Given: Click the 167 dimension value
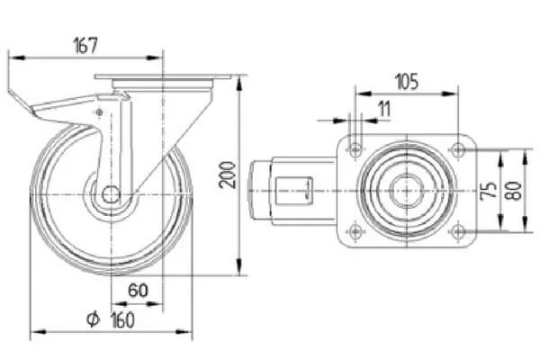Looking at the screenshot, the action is click(85, 45).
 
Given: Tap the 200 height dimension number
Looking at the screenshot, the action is click(228, 175).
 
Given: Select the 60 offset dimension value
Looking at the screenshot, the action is click(138, 290).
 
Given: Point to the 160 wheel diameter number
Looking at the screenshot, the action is click(122, 320).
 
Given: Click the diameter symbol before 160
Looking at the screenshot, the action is click(93, 319).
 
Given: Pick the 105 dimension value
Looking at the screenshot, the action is click(407, 82).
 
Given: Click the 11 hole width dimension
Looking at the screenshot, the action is click(384, 109).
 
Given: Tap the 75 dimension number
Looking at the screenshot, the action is click(489, 190).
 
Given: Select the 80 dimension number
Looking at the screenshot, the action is click(514, 191).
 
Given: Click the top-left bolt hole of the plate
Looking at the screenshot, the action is click(355, 150).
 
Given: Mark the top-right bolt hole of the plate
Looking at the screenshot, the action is click(457, 150).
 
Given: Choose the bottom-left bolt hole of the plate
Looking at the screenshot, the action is click(355, 231).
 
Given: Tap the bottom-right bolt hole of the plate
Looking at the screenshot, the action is click(457, 231).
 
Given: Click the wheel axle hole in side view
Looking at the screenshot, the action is click(111, 195).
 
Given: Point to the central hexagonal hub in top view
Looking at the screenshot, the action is click(407, 190).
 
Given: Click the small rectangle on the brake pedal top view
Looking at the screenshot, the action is click(294, 191).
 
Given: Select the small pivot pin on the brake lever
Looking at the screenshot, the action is click(99, 112).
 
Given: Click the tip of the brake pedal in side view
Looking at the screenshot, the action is click(9, 92).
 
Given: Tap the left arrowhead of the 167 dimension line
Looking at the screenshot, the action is click(16, 58).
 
